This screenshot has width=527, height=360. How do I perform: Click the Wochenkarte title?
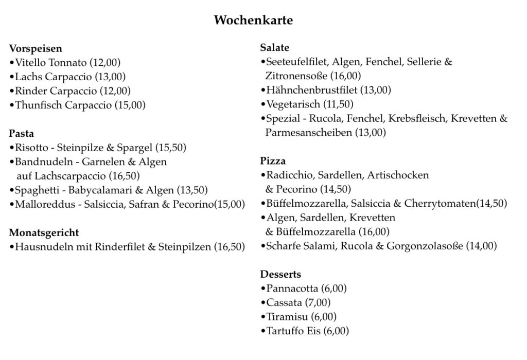pos(253,21)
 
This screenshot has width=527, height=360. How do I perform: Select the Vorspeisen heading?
pos(36,49)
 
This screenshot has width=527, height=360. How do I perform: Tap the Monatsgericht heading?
pos(44,232)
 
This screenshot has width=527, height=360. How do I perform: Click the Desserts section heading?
pos(280,274)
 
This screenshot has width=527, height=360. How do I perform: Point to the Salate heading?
pos(275,48)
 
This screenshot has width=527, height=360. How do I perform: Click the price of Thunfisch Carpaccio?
pos(130,105)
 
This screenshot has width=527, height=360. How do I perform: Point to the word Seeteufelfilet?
pos(296,62)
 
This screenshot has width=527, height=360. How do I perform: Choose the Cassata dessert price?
pos(318,302)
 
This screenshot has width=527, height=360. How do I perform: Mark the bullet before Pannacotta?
pos(263,289)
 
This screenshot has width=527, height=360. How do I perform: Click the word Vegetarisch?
pos(293,104)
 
